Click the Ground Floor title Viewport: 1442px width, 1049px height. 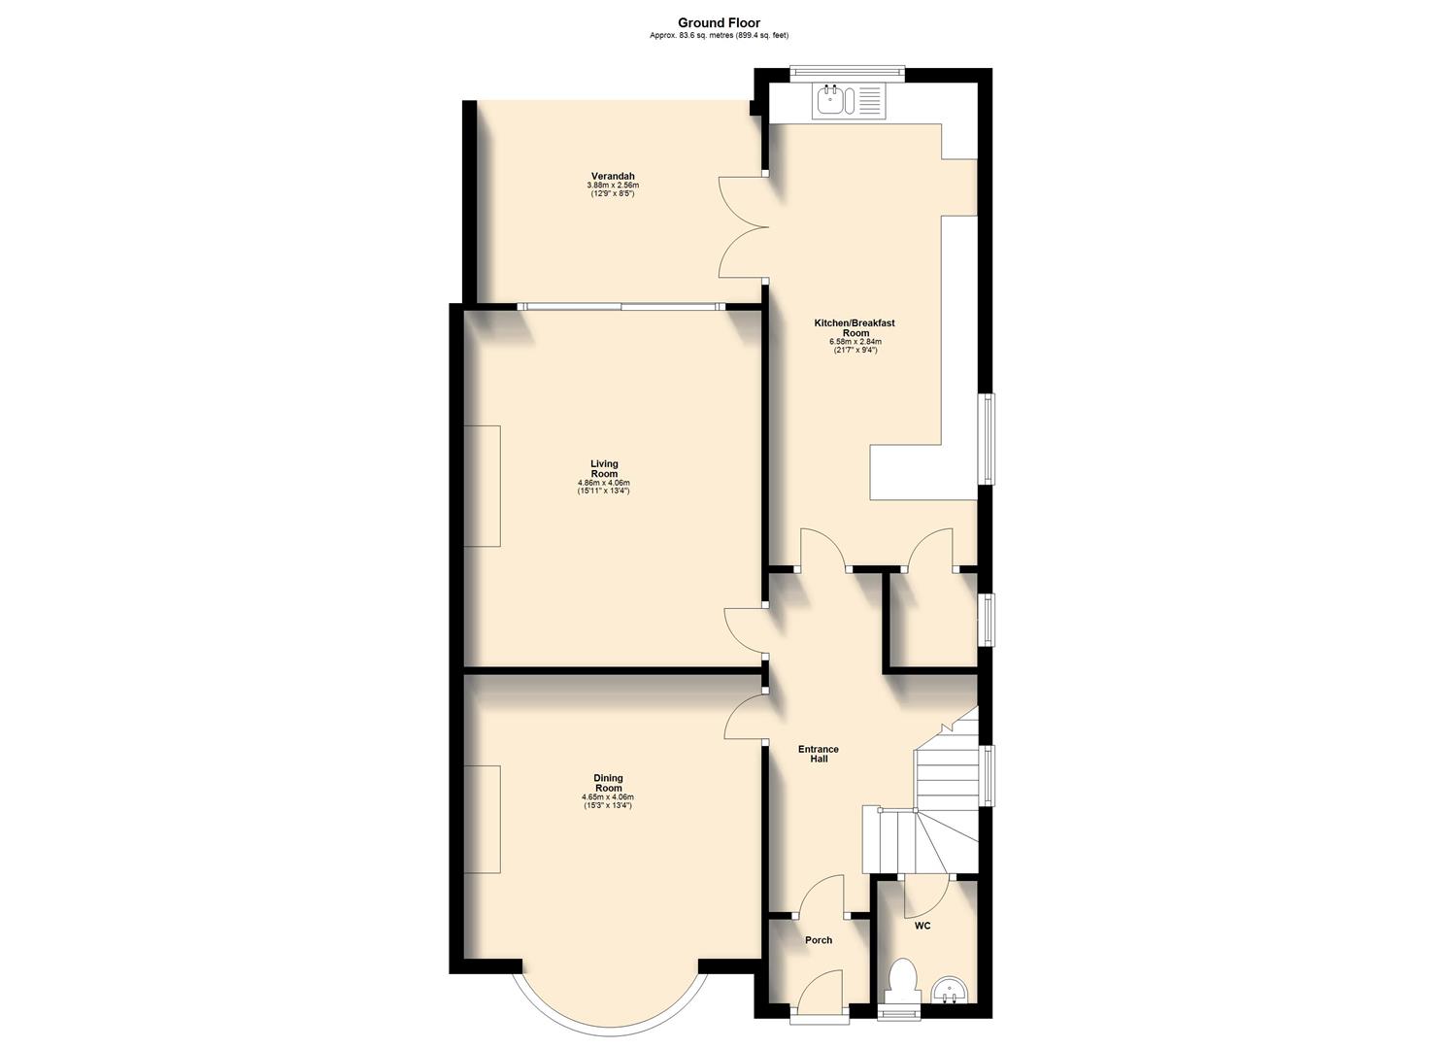tap(719, 22)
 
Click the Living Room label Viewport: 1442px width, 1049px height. tap(603, 469)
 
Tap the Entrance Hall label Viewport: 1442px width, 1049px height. tap(818, 754)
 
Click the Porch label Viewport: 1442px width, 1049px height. tap(818, 940)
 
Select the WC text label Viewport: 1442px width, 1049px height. tap(922, 926)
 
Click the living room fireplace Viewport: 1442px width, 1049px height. tap(482, 486)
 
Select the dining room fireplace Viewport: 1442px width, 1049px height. tap(482, 819)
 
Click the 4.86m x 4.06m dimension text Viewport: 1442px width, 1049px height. tap(603, 483)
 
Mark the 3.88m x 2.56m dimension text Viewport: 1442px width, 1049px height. tap(612, 185)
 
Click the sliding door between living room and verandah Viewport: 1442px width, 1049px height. tap(621, 306)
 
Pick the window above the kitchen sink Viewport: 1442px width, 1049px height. tap(847, 70)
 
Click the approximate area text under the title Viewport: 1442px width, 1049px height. tap(719, 36)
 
